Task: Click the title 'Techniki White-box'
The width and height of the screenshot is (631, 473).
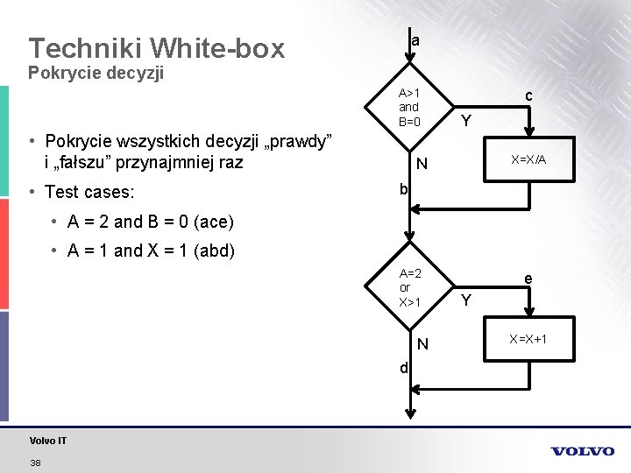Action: click(156, 47)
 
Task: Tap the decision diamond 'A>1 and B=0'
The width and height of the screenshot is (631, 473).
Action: click(409, 107)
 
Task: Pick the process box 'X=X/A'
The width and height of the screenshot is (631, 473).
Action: click(528, 160)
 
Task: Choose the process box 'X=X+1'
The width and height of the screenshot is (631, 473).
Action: click(528, 339)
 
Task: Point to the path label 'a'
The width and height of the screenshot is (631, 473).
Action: click(415, 40)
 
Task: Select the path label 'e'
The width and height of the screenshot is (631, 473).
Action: click(528, 279)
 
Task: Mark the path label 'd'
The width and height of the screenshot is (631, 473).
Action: click(403, 368)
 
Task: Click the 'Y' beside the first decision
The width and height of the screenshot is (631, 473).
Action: click(467, 121)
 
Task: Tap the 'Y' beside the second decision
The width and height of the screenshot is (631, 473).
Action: click(467, 300)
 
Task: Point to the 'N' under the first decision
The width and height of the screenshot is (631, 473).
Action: click(422, 164)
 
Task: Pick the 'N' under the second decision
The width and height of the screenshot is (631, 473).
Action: click(422, 344)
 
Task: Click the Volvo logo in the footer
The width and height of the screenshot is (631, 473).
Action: click(583, 451)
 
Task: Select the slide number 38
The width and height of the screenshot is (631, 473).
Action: click(35, 462)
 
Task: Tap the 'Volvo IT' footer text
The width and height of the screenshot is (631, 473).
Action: click(47, 441)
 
